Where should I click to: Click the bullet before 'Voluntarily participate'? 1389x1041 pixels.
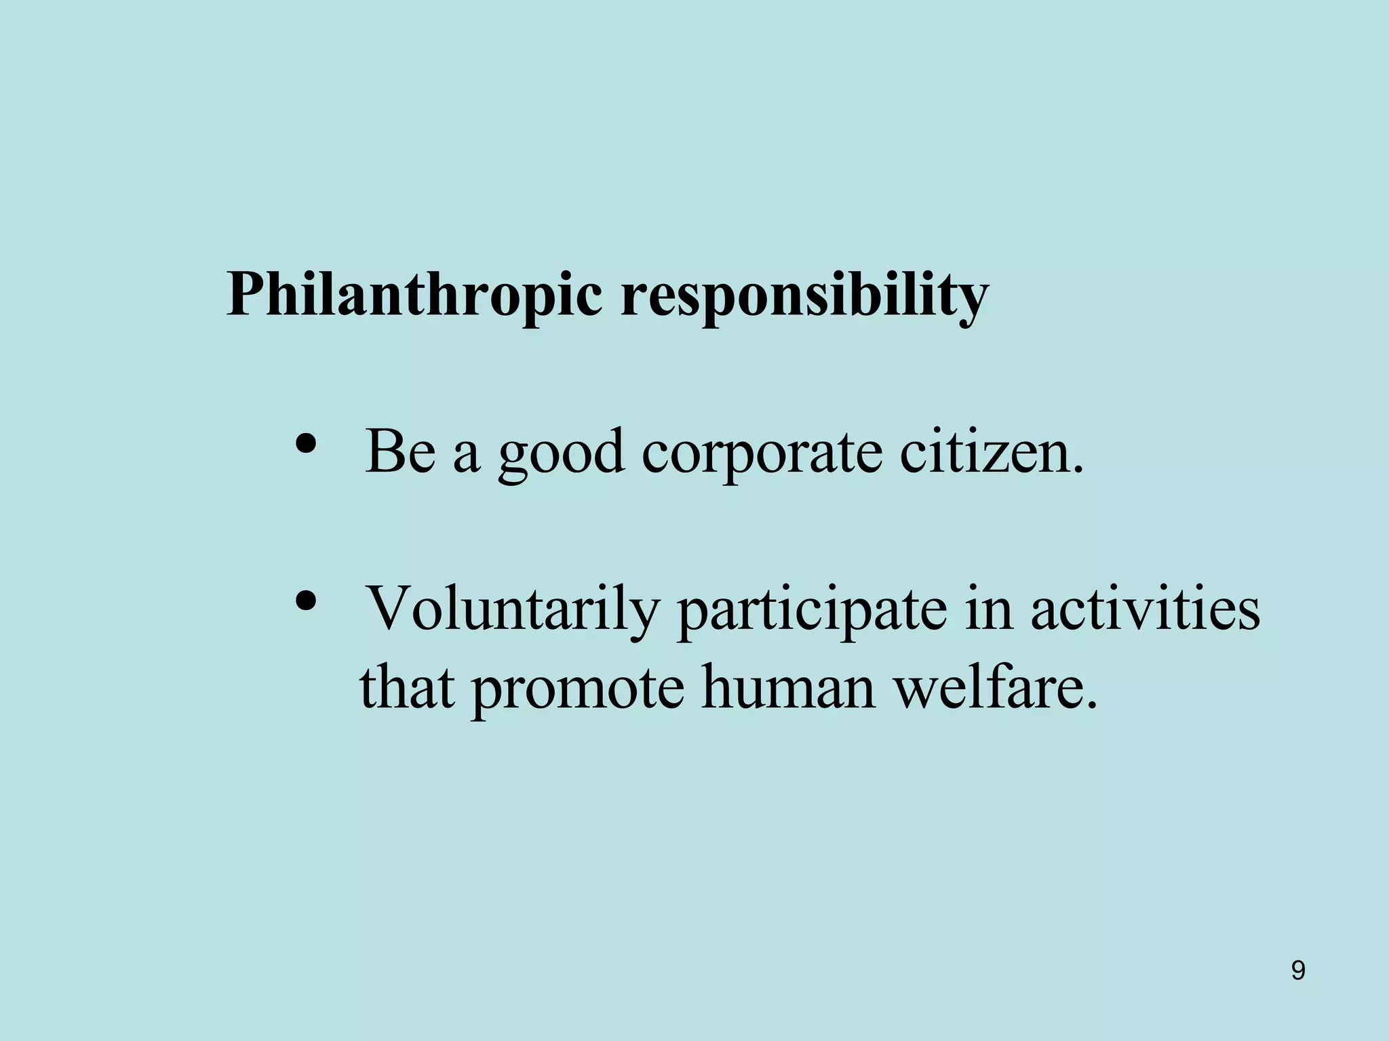tap(307, 600)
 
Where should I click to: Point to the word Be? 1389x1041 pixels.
tap(400, 451)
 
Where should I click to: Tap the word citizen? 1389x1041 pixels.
tap(983, 451)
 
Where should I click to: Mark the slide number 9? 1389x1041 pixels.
tap(1298, 971)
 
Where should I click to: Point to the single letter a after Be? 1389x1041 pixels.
tap(466, 455)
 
